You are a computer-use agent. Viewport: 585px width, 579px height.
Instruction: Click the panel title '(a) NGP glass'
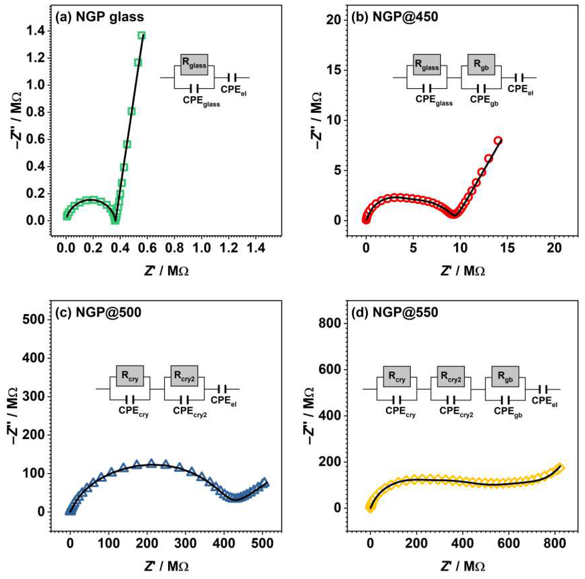pos(99,17)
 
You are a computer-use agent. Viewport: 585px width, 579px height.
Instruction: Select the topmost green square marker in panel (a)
pos(141,35)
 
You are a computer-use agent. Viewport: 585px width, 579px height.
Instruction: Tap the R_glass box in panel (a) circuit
pos(194,65)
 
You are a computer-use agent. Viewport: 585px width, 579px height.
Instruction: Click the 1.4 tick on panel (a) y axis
pos(36,31)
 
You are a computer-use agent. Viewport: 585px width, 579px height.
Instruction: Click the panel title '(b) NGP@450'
pos(394,17)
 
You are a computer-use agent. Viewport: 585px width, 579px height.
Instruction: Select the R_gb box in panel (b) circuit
pos(481,65)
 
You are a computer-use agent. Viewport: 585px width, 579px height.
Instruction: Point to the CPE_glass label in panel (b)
pos(434,100)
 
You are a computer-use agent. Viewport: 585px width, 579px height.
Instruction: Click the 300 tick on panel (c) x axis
pos(186,544)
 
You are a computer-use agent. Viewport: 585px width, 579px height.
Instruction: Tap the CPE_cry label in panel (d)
pos(400,411)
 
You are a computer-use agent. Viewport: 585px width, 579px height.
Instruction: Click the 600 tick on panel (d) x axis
pos(508,544)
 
